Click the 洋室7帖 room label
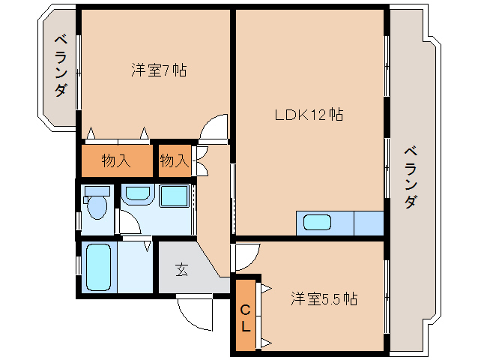click(159, 71)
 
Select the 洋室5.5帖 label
click(324, 298)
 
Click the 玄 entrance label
click(182, 270)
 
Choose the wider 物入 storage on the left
click(116, 160)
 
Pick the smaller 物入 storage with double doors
click(174, 160)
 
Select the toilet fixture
click(97, 203)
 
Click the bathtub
click(98, 265)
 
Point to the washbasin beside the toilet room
click(136, 195)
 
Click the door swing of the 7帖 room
click(215, 127)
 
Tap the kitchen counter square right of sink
click(368, 223)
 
